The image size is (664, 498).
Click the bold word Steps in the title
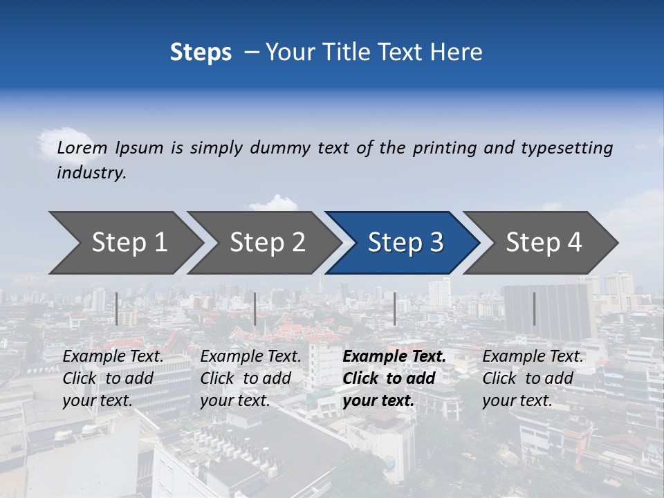click(x=201, y=53)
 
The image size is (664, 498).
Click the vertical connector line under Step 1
click(x=117, y=308)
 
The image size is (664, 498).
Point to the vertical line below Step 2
click(x=255, y=308)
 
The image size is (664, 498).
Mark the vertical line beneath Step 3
click(x=395, y=308)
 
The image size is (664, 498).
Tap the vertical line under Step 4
click(x=534, y=308)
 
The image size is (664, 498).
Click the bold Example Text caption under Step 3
click(x=394, y=378)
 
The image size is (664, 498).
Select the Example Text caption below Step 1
click(x=113, y=378)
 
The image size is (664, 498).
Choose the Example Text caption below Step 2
click(x=250, y=378)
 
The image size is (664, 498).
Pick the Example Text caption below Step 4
click(x=533, y=378)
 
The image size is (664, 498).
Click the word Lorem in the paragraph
click(x=82, y=148)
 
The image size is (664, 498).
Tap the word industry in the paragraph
click(x=91, y=173)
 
